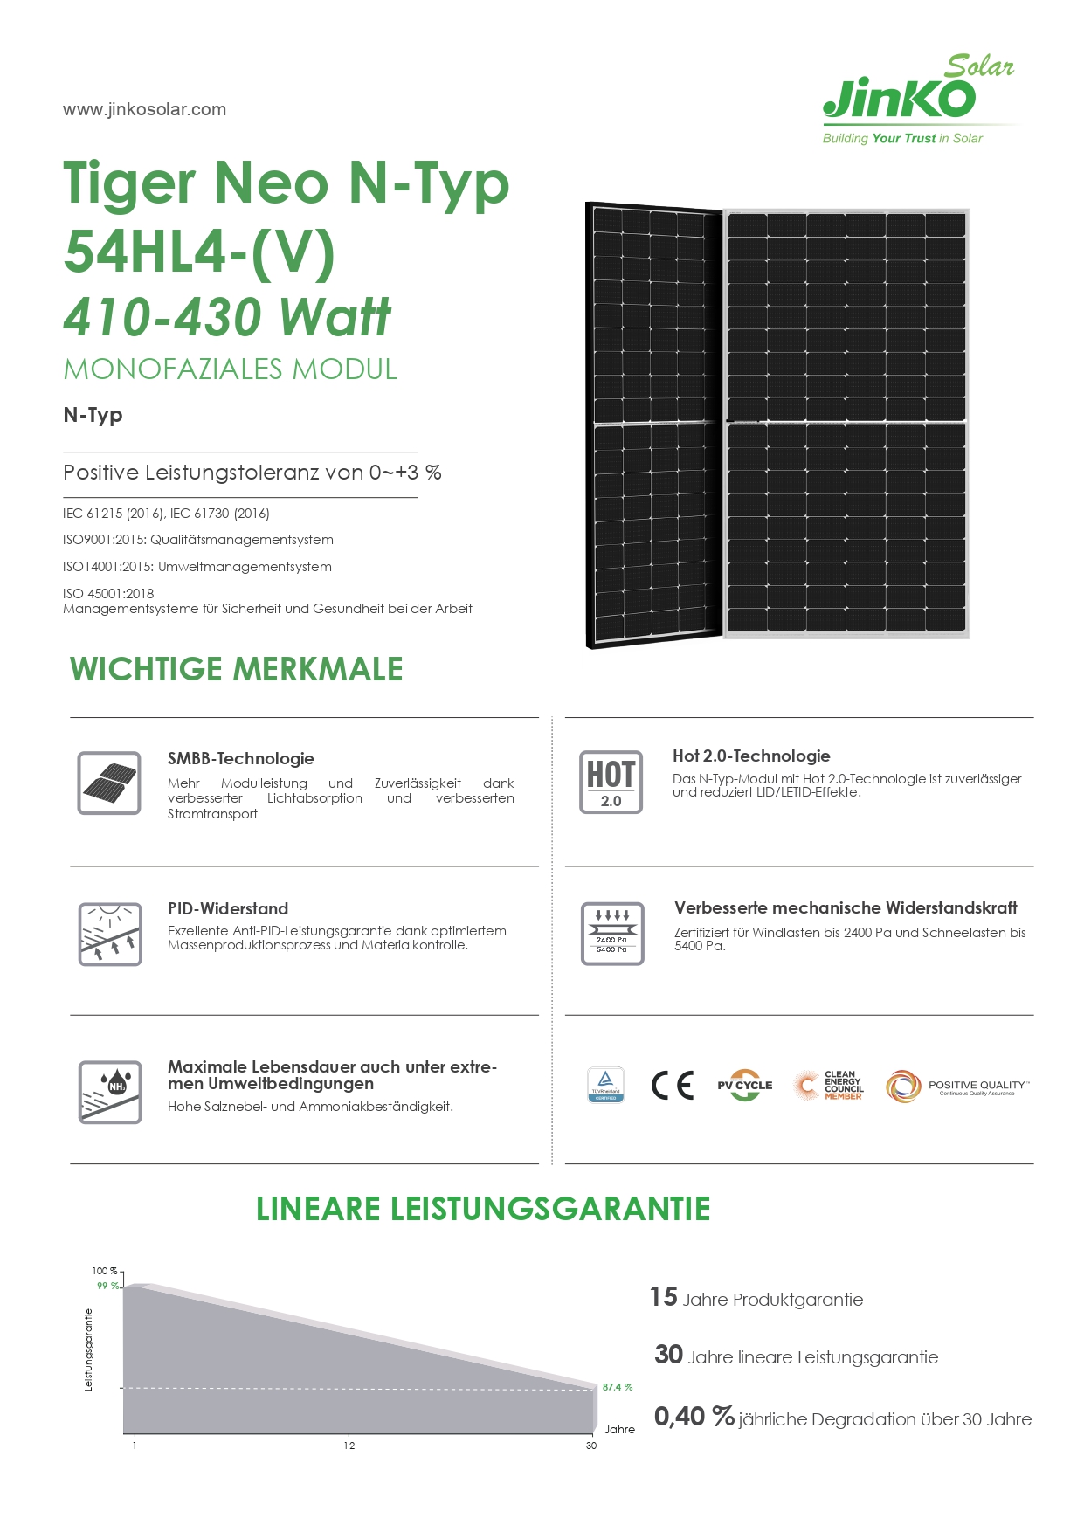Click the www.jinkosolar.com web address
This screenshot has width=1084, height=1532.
[144, 109]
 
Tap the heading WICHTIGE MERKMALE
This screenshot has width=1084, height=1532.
[236, 669]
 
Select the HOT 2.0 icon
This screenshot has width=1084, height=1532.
[611, 782]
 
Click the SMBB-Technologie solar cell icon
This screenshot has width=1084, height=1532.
[109, 783]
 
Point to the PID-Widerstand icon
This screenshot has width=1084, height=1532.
[109, 934]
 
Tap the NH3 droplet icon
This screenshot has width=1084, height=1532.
[109, 1092]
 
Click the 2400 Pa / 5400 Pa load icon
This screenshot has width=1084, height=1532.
[612, 934]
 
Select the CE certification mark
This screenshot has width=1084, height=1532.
[673, 1085]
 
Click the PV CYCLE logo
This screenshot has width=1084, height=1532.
[744, 1085]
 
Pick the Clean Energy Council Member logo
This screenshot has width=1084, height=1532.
[829, 1085]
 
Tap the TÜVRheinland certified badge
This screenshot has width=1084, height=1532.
[606, 1085]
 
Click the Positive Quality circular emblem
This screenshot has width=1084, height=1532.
[903, 1086]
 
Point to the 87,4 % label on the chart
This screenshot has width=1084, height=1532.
[617, 1387]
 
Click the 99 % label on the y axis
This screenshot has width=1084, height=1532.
[107, 1286]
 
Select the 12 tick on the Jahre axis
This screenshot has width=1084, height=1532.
[349, 1446]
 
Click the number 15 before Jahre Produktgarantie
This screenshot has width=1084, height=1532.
[664, 1297]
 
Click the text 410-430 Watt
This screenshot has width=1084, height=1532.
[227, 316]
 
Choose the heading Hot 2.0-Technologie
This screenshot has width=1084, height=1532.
[751, 756]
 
